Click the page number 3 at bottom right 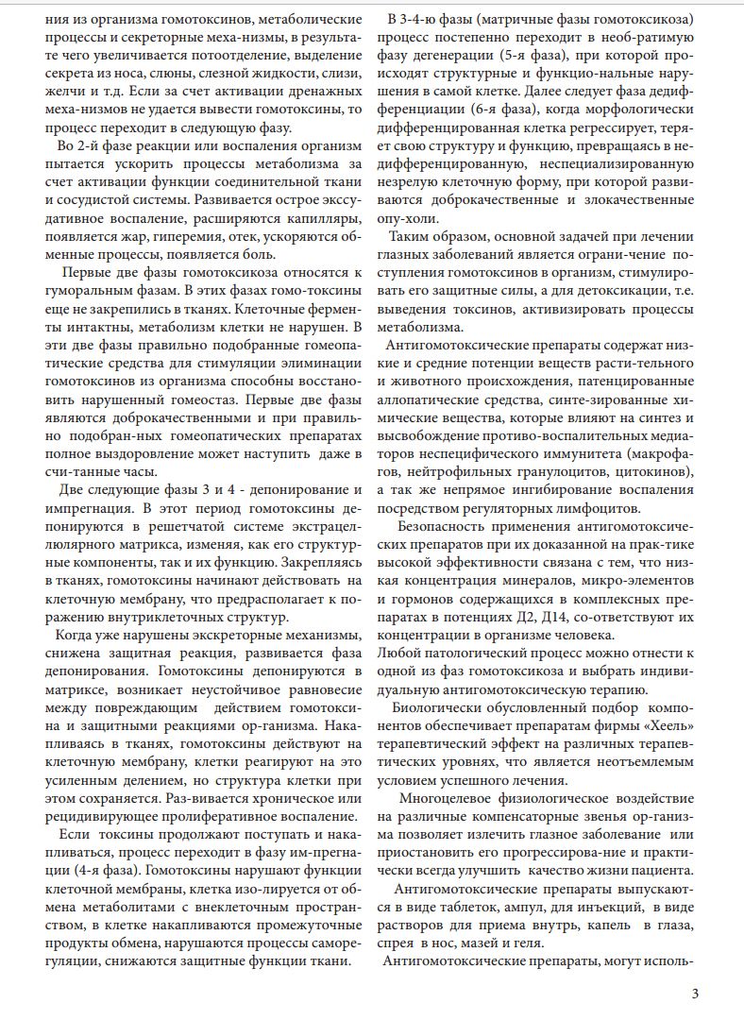click(695, 993)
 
